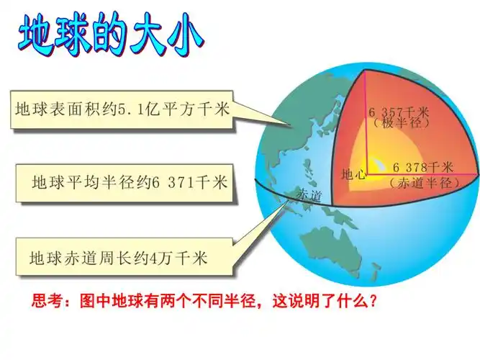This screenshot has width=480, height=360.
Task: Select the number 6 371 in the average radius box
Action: click(170, 182)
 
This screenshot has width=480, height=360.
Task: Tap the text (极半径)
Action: click(400, 124)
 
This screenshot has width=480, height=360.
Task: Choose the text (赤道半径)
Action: click(425, 183)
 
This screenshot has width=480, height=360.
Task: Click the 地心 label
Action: click(353, 174)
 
